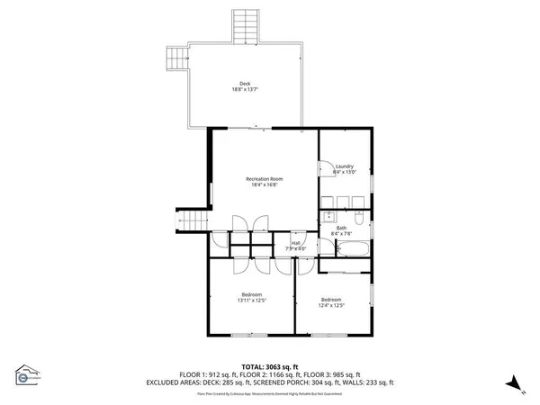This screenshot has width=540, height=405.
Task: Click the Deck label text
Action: pyautogui.click(x=245, y=84)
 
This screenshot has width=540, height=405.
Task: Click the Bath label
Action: pyautogui.click(x=342, y=228)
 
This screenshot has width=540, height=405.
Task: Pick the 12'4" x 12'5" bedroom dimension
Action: pyautogui.click(x=332, y=305)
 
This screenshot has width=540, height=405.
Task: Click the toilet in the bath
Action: pyautogui.click(x=358, y=219)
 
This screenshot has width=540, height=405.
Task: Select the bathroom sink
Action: pyautogui.click(x=329, y=217)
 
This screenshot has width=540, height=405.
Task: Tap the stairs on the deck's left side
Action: pyautogui.click(x=175, y=60)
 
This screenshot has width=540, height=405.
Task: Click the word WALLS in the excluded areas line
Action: pyautogui.click(x=339, y=382)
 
